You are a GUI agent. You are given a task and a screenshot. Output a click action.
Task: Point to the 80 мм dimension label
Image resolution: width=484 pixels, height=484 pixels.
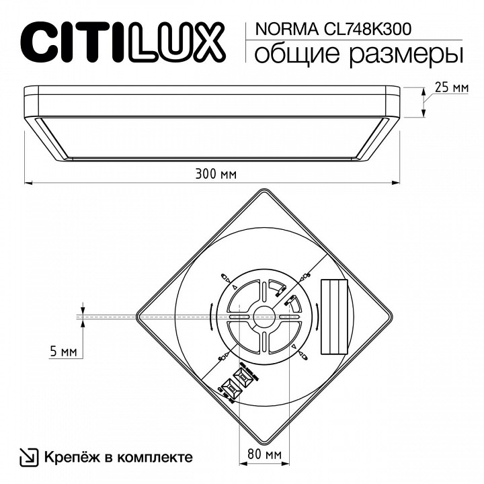coord(264,455)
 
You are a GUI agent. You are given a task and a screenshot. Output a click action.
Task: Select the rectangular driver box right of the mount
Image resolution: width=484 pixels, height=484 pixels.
coord(333,316)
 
